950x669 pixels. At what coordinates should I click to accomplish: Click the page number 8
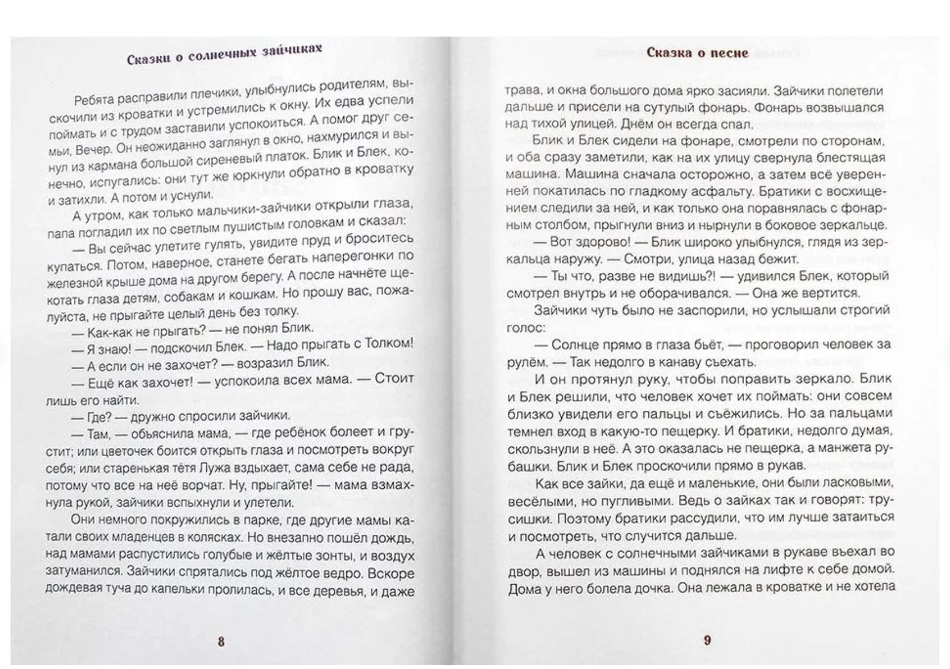221,642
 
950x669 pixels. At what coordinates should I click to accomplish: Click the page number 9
707,640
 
